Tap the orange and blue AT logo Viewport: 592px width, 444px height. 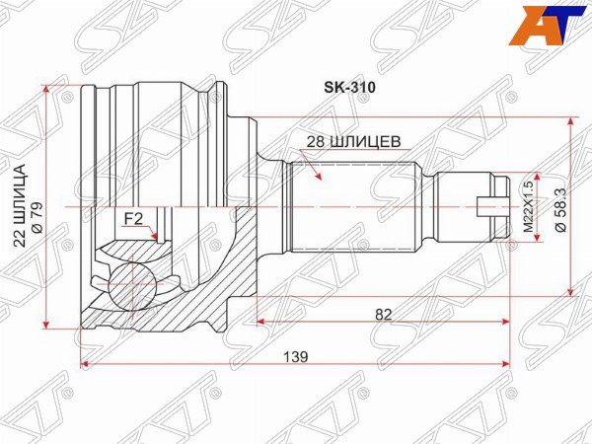549,26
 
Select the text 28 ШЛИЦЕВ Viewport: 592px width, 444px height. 353,142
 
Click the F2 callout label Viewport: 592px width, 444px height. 133,219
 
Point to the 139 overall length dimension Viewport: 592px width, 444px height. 296,356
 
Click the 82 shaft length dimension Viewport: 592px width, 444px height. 384,314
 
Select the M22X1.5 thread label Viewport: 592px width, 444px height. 528,206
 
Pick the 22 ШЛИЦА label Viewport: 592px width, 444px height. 20,205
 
